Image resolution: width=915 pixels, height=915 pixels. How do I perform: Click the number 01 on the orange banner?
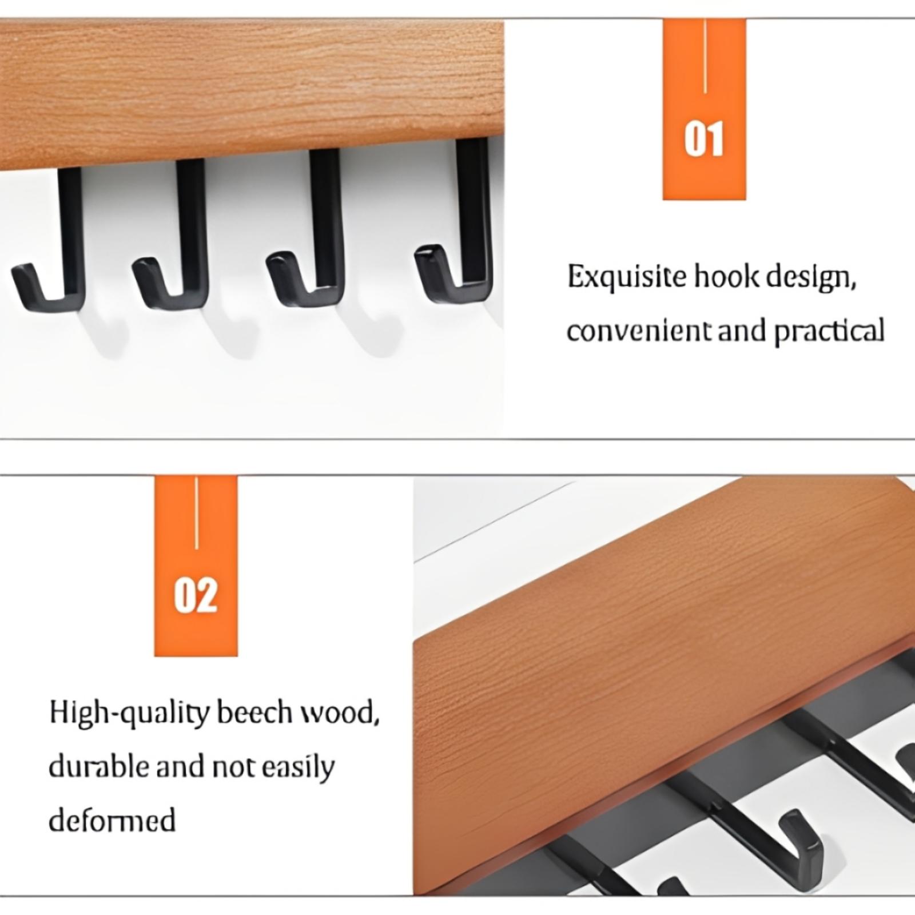click(x=704, y=138)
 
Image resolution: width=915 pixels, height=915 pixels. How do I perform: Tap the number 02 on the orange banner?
click(x=196, y=595)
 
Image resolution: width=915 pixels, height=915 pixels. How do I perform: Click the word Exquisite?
click(x=627, y=278)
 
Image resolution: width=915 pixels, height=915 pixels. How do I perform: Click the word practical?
click(x=829, y=331)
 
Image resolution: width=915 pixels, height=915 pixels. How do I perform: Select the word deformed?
click(x=112, y=821)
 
